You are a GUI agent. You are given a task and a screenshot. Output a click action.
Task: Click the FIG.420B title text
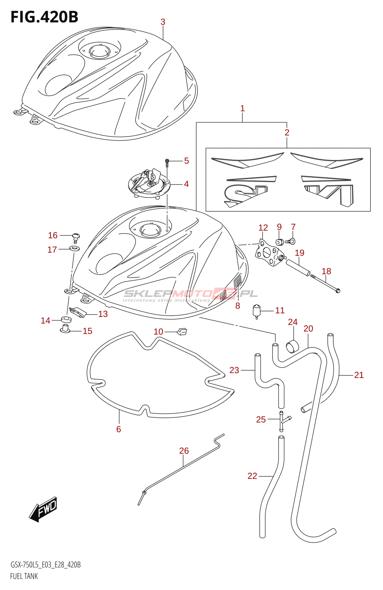(x=44, y=17)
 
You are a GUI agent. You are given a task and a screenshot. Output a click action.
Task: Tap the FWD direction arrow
(x=43, y=509)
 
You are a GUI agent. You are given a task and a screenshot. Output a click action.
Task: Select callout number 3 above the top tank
(x=163, y=22)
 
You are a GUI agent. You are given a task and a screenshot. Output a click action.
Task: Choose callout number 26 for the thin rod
(x=184, y=451)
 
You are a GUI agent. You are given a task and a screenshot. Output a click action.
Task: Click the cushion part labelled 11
(x=257, y=311)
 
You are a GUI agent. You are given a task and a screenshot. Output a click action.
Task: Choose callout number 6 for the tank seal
(x=119, y=429)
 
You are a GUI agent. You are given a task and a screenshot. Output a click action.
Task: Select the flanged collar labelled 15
(x=65, y=328)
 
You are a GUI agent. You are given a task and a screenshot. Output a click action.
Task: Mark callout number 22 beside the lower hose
(x=252, y=476)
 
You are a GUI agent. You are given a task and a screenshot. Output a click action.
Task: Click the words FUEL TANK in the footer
(x=24, y=576)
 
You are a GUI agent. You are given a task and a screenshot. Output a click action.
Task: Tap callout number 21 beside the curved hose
(x=359, y=375)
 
